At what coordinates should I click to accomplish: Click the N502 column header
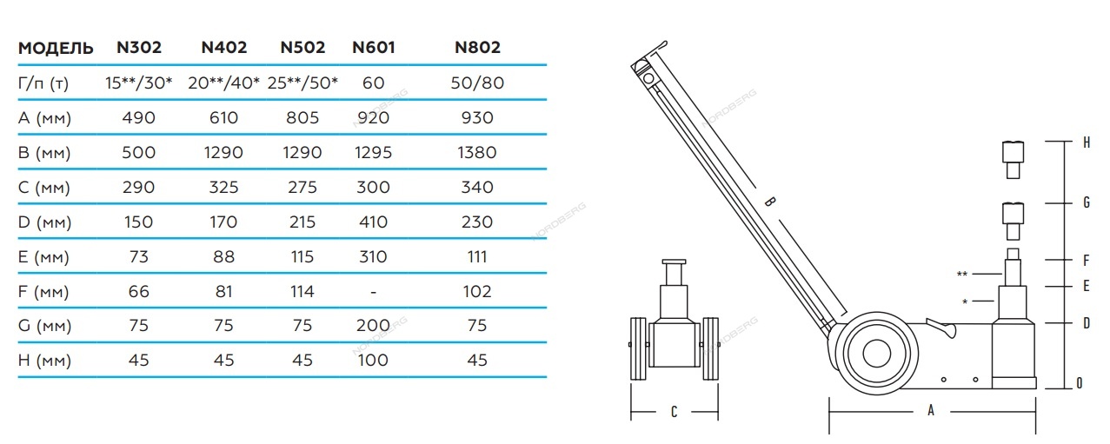tap(302, 48)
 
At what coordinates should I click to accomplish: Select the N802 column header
tap(478, 48)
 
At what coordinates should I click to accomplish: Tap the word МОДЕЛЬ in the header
tap(56, 48)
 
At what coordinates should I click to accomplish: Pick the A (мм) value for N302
tap(139, 118)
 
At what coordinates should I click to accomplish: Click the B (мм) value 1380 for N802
tap(477, 153)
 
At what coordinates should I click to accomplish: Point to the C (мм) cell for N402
tap(223, 188)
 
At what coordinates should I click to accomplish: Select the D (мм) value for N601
tap(373, 222)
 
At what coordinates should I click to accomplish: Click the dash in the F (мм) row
tap(373, 292)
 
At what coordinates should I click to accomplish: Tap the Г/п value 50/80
tap(477, 83)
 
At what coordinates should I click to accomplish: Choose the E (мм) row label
tap(43, 257)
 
